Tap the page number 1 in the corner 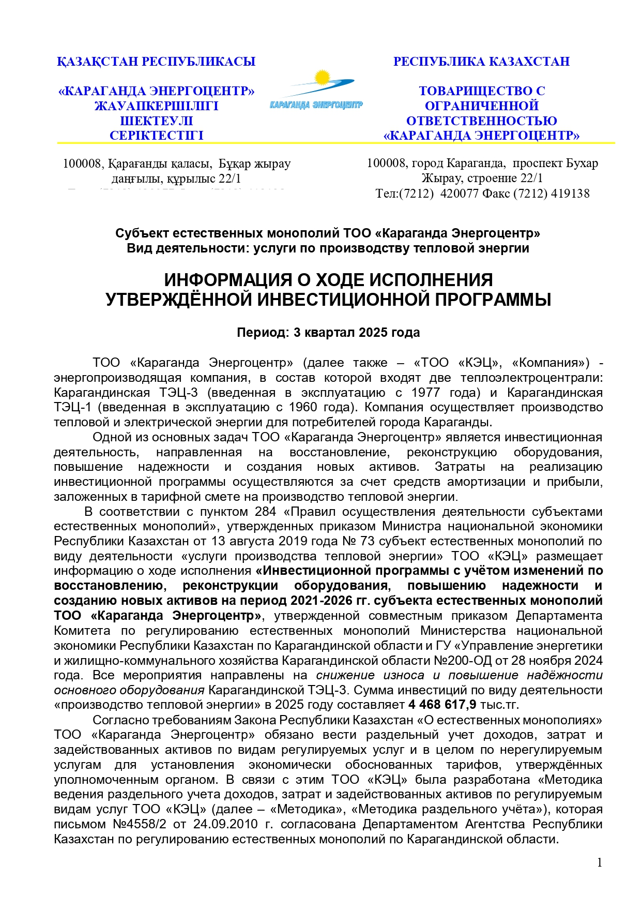click(x=599, y=862)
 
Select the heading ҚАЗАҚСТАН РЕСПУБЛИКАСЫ click(x=156, y=62)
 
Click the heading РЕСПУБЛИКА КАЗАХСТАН click(x=481, y=62)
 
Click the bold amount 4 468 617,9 click(x=442, y=705)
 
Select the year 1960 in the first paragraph click(x=303, y=407)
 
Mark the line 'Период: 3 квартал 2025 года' click(x=328, y=332)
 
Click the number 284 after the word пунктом click(x=266, y=512)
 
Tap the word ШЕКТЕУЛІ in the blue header click(x=156, y=121)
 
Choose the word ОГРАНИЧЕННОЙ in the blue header click(x=481, y=106)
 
